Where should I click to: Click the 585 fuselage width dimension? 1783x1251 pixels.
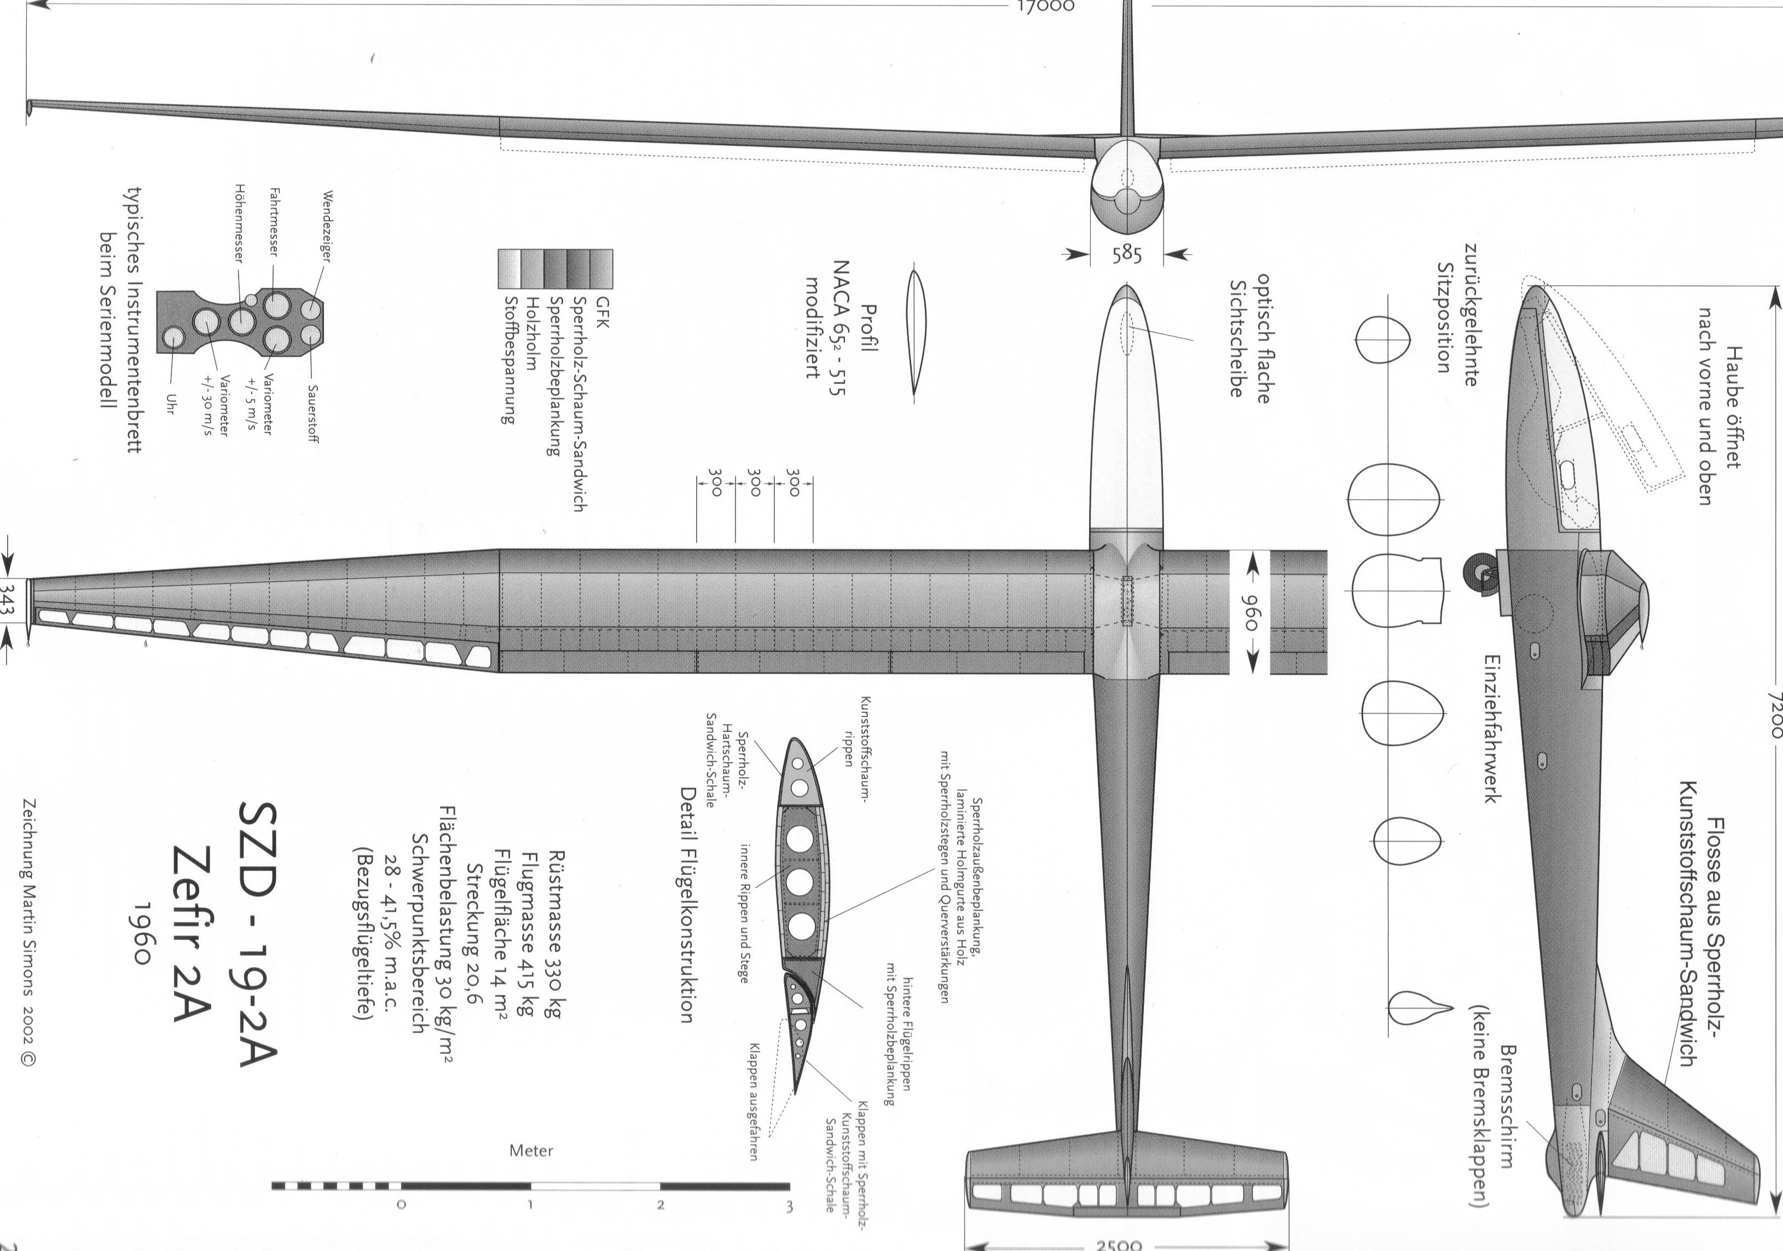(x=1127, y=254)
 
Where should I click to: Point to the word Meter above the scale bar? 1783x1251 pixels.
(x=531, y=1151)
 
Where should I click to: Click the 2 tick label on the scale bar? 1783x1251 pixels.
(x=660, y=1205)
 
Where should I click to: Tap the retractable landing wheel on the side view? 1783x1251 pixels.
(x=1476, y=571)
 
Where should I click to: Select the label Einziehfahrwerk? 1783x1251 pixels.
(x=1492, y=728)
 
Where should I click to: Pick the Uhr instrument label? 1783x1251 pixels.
(x=171, y=404)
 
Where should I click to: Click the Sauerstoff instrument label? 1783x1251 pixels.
(x=312, y=414)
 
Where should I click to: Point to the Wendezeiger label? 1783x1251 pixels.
(x=327, y=226)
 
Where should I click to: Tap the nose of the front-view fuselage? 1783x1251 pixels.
(x=1127, y=201)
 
